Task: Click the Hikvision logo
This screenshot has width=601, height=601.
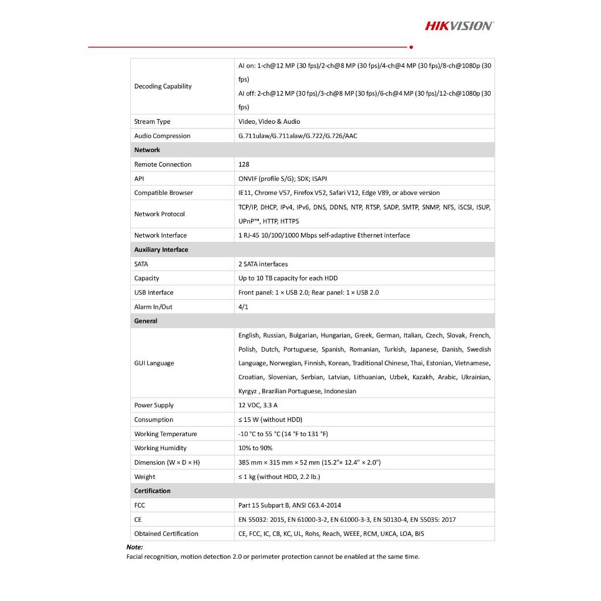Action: tap(459, 25)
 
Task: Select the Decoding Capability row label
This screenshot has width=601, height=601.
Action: tap(163, 86)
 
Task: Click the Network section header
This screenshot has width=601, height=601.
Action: tap(147, 150)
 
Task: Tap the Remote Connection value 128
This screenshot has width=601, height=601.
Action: tap(244, 164)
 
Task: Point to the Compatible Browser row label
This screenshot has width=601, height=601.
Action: tap(163, 193)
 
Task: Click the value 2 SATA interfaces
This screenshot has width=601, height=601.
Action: tap(263, 264)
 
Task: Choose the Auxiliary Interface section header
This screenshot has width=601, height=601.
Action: tap(161, 250)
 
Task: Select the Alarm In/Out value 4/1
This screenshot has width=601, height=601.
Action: tap(244, 307)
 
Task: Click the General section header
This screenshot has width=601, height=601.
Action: tap(146, 321)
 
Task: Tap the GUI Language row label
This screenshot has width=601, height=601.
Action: tap(154, 363)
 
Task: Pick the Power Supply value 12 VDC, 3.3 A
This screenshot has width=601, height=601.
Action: tap(258, 406)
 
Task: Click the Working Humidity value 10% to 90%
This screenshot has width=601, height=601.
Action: tap(255, 448)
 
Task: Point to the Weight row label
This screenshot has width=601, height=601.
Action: tap(144, 477)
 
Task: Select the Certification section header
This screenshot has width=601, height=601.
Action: tap(152, 491)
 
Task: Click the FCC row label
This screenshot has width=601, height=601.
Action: tap(140, 505)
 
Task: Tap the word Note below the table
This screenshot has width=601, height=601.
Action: tap(134, 547)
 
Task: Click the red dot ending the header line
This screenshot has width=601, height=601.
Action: tap(411, 47)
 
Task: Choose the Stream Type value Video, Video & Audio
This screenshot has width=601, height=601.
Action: tap(269, 121)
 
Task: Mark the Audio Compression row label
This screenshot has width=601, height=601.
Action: tap(162, 136)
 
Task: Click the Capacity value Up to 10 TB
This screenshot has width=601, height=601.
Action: tap(288, 278)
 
